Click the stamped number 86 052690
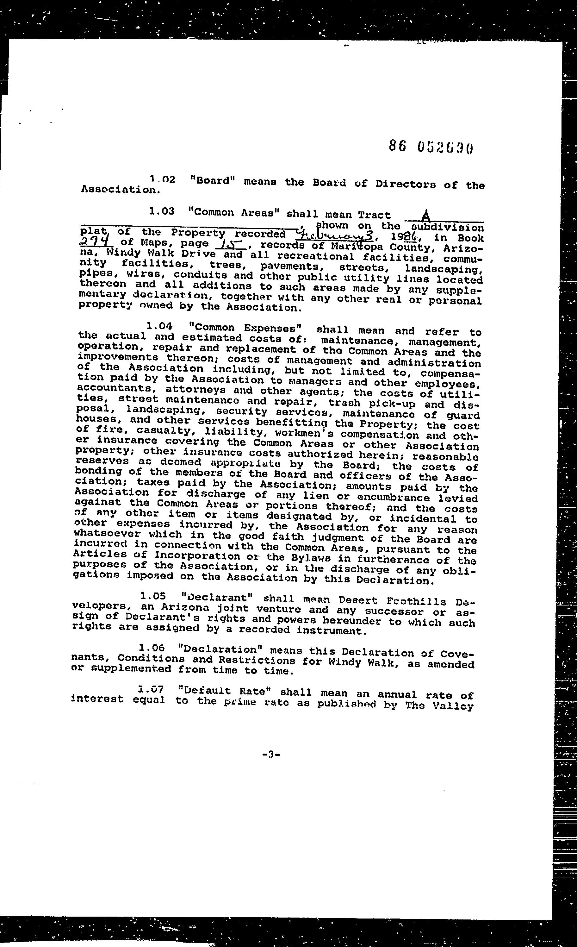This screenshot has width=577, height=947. tap(430, 147)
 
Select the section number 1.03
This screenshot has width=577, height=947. tap(161, 211)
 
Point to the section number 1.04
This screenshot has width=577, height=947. tap(159, 326)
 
